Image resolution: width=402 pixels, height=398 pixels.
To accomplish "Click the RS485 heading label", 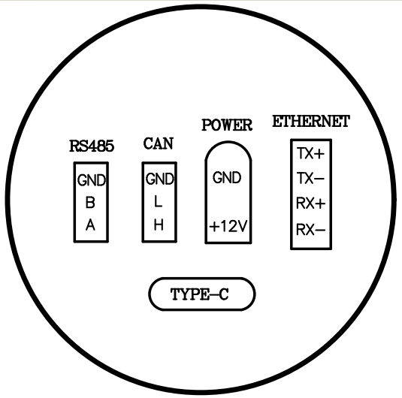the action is click(92, 146).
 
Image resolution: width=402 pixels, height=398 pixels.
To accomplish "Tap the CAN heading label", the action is click(159, 143).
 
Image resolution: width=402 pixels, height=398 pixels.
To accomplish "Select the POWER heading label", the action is click(227, 125).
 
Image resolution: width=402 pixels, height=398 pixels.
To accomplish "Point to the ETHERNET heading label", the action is click(311, 122).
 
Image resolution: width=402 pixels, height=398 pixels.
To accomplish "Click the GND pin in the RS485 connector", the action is click(92, 180).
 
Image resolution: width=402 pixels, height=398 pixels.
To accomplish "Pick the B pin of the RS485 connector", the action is click(90, 203).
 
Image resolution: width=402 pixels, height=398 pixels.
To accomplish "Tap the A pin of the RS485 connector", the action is click(90, 225).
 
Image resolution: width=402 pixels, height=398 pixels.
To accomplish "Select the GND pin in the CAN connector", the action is click(160, 179).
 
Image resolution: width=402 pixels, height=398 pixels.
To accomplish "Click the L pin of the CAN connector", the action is click(159, 201).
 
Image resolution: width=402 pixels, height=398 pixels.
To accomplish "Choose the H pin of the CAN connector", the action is click(159, 225).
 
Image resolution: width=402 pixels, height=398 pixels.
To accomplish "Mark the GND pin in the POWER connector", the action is click(227, 178).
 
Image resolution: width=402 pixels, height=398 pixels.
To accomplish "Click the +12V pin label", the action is click(228, 227).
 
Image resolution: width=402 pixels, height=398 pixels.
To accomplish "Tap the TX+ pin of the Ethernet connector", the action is click(311, 154).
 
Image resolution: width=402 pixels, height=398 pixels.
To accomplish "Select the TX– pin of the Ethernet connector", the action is click(310, 179).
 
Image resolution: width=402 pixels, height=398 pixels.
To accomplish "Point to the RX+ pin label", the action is click(311, 204).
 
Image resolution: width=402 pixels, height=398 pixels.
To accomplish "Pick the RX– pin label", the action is click(311, 229).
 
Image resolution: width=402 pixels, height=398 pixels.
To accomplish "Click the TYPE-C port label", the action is click(199, 294).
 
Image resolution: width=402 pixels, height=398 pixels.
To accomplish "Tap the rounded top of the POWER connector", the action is click(228, 141).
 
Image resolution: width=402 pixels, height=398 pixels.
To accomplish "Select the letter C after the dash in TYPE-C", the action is click(224, 294).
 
